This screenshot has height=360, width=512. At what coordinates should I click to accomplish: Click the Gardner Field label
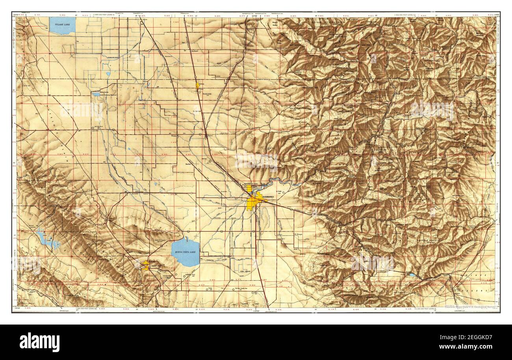click(192, 275)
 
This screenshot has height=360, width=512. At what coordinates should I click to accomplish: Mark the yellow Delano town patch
click(198, 85)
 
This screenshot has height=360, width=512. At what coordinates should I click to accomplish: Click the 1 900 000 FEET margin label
click(410, 15)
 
